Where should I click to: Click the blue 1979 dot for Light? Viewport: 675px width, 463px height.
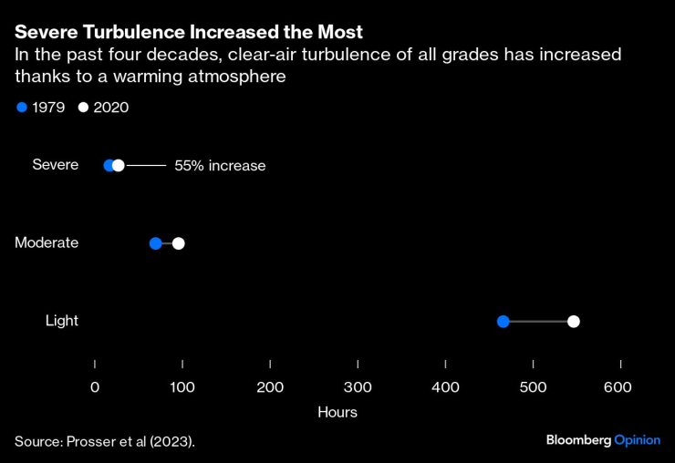503,321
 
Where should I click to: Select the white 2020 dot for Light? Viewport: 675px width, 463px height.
573,321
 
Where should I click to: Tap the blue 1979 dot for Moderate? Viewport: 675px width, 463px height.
155,243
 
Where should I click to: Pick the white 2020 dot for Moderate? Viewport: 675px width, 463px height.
178,243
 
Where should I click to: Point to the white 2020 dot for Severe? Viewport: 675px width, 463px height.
119,165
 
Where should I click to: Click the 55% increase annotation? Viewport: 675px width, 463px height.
220,166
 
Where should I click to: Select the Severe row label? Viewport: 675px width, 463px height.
55,165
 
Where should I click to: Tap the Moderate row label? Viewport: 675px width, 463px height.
47,242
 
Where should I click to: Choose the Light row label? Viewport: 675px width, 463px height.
62,320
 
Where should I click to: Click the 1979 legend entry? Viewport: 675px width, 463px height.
41,108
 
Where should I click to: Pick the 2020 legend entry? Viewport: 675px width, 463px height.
103,108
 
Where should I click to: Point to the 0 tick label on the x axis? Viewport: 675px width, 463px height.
95,387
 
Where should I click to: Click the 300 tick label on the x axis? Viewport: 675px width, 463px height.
358,387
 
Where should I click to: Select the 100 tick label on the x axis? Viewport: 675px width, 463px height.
182,387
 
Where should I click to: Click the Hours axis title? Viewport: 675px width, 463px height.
337,412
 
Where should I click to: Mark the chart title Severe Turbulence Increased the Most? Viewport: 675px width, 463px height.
189,32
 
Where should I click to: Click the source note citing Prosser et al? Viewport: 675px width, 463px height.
105,441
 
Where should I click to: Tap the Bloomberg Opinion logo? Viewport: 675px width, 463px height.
603,439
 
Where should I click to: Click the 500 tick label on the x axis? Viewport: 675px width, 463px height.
533,387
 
